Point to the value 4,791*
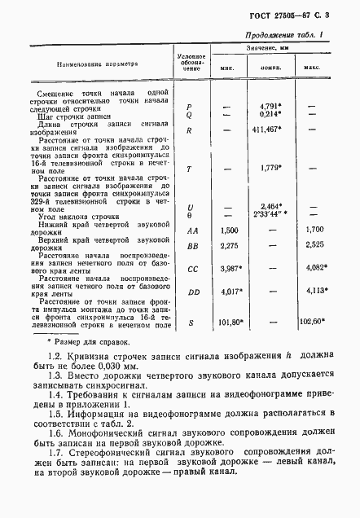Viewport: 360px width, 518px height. coord(270,106)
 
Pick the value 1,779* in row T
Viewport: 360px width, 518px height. coord(270,168)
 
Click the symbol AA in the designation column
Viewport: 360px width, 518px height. coord(189,230)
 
